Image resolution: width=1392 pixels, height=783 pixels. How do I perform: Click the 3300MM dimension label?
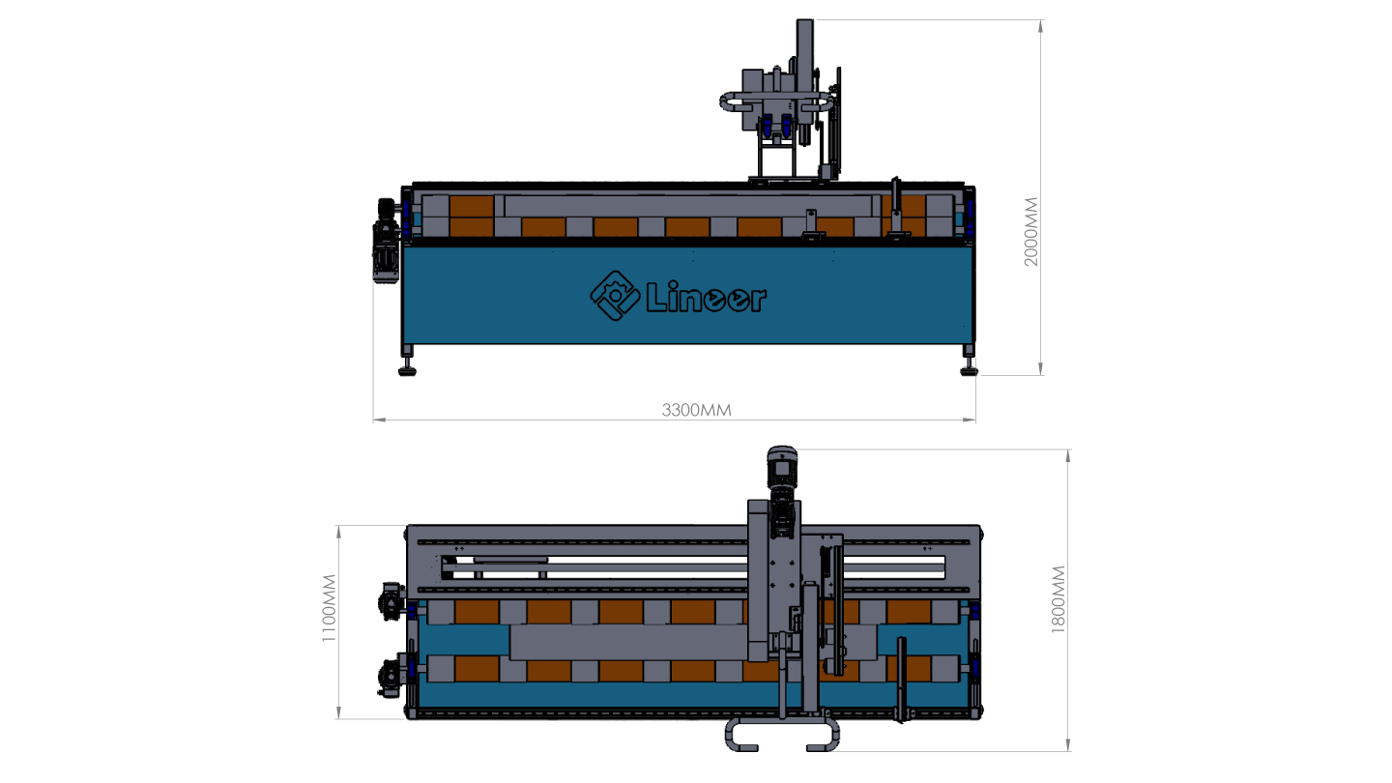tap(696, 410)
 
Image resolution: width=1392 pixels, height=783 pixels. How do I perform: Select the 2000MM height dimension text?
tap(1030, 232)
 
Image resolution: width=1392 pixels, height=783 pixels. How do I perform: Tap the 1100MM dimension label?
tap(329, 608)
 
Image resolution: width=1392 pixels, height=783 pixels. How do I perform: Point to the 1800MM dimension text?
tap(1058, 599)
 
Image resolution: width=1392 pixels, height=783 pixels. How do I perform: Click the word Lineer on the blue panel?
tap(707, 298)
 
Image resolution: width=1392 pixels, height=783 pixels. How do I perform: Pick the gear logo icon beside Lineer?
tap(615, 296)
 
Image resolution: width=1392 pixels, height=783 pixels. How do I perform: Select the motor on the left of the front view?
tap(386, 241)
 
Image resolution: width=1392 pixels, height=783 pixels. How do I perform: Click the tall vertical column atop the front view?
tap(804, 53)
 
